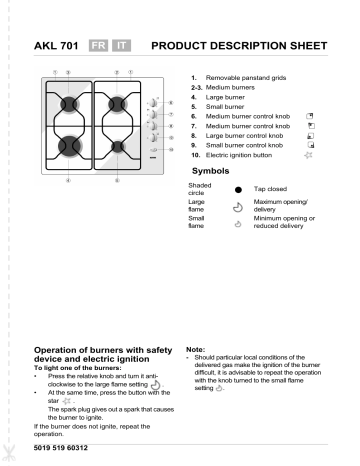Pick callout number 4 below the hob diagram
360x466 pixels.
[x=68, y=180]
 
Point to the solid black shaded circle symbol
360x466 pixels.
[x=238, y=189]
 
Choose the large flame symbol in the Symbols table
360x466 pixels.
[x=238, y=208]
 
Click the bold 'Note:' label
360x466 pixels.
[x=195, y=349]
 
